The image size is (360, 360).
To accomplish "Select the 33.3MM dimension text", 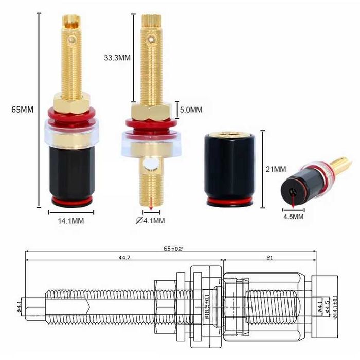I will [x=118, y=58].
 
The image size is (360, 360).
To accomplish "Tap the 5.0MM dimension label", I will [x=190, y=110].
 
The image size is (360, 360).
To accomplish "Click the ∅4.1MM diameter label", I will [x=150, y=221].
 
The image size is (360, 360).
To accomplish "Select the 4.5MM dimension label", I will [x=293, y=217].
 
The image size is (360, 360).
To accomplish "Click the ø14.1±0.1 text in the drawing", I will [x=335, y=304].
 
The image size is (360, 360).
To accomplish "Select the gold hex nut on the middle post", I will [x=151, y=111].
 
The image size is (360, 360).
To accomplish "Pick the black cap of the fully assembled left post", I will [x=71, y=170].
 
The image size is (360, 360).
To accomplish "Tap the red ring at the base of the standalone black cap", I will [x=230, y=201].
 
